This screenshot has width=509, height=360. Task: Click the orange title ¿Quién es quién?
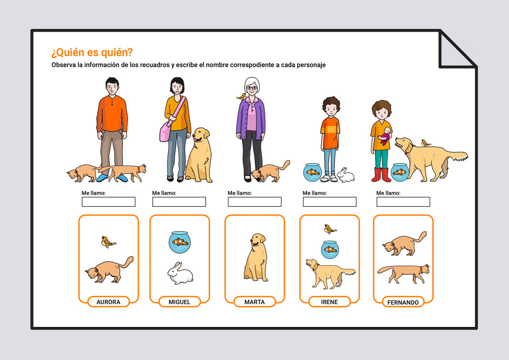[x=92, y=52]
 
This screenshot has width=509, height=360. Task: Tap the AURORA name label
[x=108, y=302]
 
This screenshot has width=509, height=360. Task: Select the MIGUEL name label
[x=180, y=302]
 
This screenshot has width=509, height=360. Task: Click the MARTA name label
[x=254, y=302]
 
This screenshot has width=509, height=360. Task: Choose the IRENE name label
[x=329, y=302]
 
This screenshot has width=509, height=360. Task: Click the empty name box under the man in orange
[x=108, y=202]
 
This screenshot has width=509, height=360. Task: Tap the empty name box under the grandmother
[x=254, y=202]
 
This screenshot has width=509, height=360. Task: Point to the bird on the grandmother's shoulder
[x=241, y=96]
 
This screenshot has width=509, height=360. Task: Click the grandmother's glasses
[x=251, y=88]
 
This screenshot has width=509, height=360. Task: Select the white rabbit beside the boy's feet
[x=346, y=175]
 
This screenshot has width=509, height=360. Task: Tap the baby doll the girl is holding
[x=385, y=135]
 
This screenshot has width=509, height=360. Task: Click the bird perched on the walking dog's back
[x=426, y=143]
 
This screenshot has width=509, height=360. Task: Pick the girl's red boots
[x=381, y=175]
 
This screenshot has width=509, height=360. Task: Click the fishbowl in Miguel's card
[x=180, y=242]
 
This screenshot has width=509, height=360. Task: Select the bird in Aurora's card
[x=108, y=242]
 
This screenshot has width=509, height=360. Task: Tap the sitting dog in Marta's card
[x=257, y=257]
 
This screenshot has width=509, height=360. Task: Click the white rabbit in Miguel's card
[x=180, y=273]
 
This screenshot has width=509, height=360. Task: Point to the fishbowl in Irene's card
[x=330, y=250]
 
